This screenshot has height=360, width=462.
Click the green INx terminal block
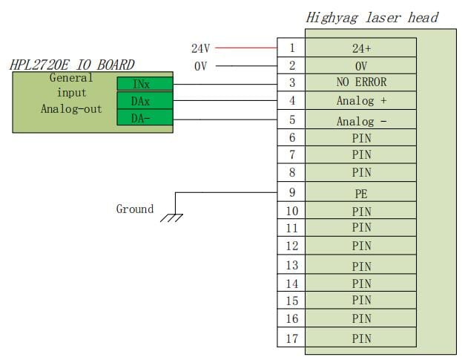(145, 84)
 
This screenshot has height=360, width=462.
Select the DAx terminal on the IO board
(145, 100)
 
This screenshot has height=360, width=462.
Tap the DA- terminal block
(145, 117)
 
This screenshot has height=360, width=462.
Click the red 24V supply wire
(246, 48)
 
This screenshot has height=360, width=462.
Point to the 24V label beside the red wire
(201, 48)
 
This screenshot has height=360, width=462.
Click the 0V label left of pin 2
(201, 66)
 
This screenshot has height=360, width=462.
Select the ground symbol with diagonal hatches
(172, 217)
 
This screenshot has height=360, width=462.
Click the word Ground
(135, 209)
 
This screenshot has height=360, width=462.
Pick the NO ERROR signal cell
(361, 82)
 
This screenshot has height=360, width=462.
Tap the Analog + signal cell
(361, 100)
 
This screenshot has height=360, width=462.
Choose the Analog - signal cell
(361, 120)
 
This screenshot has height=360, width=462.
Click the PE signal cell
(361, 192)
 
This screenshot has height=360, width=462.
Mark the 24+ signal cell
(361, 48)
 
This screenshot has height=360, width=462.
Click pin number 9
(292, 192)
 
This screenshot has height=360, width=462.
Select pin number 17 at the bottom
(292, 338)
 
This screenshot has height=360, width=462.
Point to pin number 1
(292, 48)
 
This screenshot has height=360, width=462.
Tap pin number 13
(292, 265)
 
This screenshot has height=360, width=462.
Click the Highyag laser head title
(372, 18)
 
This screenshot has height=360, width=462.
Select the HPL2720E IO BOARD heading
(72, 65)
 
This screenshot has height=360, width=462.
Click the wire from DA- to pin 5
(225, 120)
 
